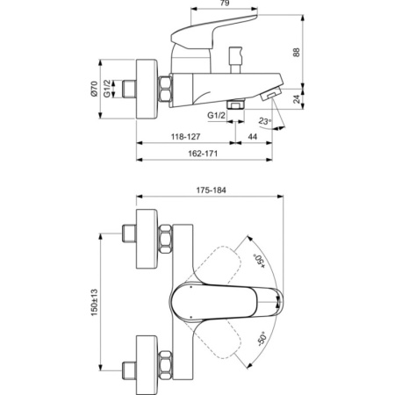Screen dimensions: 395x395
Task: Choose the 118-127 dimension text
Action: (x=184, y=139)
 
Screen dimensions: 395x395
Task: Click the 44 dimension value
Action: (x=252, y=139)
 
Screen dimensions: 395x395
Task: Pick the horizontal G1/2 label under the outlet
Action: (x=218, y=115)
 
